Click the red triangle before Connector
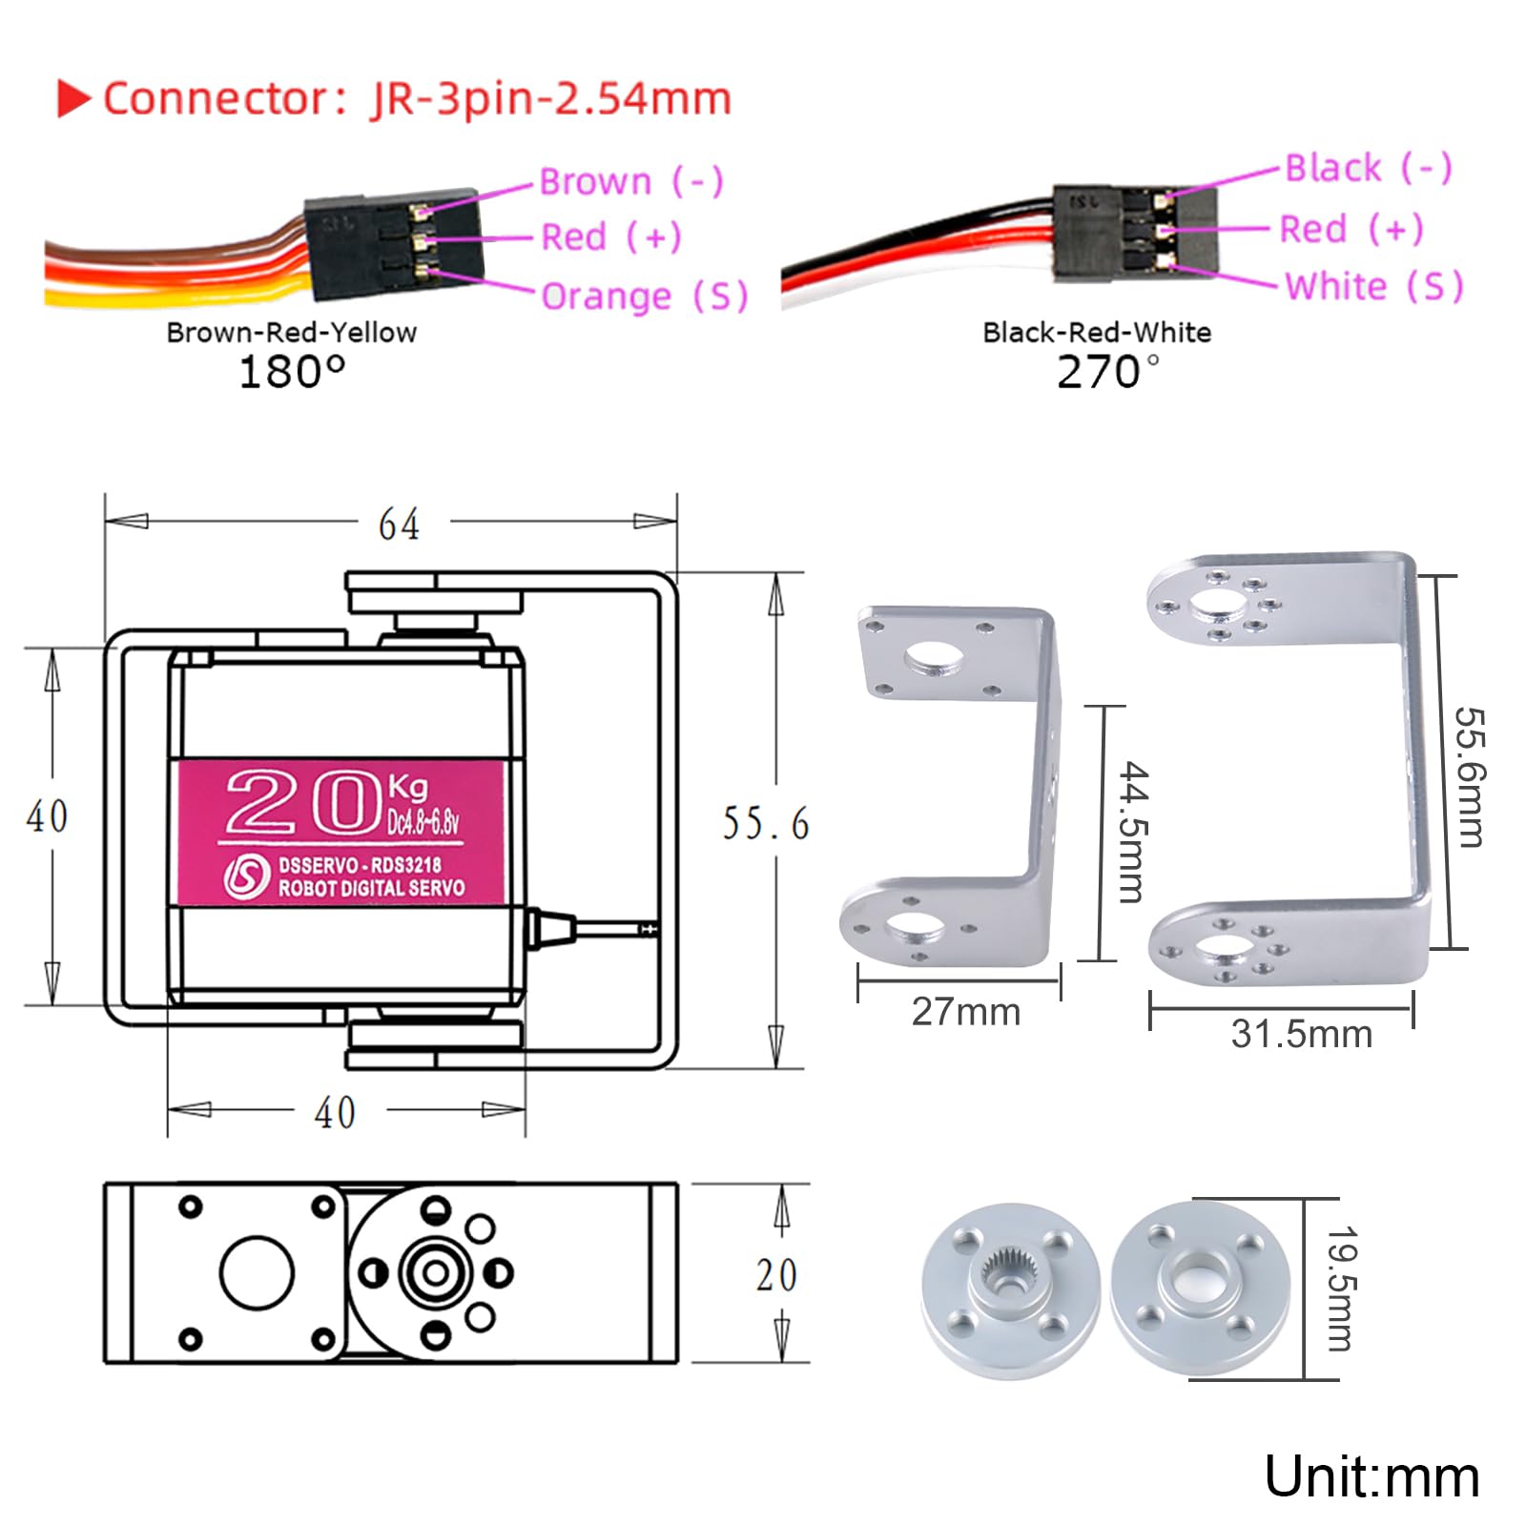tap(73, 98)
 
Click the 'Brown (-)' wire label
tap(630, 181)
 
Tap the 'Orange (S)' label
tap(644, 297)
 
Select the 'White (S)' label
tap(1372, 286)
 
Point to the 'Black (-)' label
tap(1368, 168)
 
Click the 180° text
tap(291, 372)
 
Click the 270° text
tap(1106, 372)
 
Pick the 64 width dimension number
tap(399, 525)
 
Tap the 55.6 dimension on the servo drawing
tap(765, 824)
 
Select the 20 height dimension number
tap(775, 1275)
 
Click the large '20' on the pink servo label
tap(303, 803)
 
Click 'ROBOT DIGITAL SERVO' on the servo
tap(371, 888)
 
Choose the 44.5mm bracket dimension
tap(1133, 832)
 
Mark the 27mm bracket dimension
tap(965, 1012)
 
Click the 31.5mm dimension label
tap(1301, 1034)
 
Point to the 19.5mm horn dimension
tap(1340, 1289)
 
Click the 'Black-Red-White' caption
tap(1097, 333)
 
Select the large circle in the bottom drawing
tap(257, 1272)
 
